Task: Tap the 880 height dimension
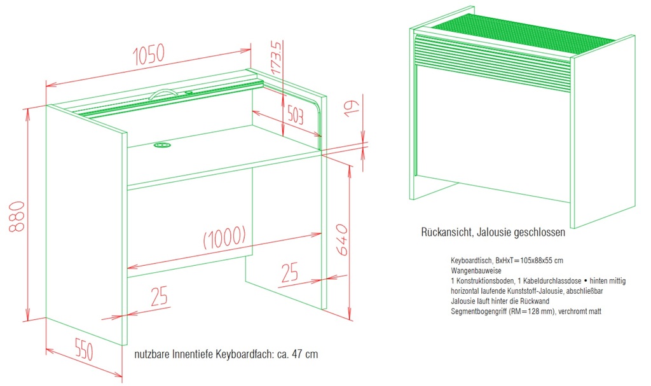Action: pos(17,216)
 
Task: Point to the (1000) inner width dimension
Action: pos(224,237)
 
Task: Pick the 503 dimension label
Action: pos(296,116)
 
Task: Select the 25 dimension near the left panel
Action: pos(159,296)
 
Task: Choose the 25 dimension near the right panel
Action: pos(289,272)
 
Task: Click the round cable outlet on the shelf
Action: pos(162,145)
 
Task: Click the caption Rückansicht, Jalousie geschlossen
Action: pos(493,232)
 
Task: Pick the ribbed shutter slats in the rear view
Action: pos(493,62)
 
